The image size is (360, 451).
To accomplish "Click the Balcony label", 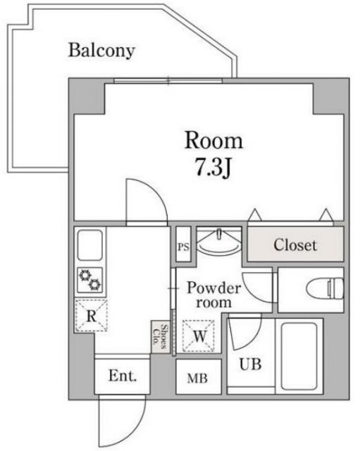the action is pyautogui.click(x=101, y=51).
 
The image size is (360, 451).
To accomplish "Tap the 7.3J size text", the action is pyautogui.click(x=213, y=168).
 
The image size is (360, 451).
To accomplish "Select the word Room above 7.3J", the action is pyautogui.click(x=213, y=140).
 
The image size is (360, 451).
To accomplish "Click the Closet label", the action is pyautogui.click(x=295, y=245).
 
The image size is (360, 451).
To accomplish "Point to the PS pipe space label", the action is pyautogui.click(x=183, y=247).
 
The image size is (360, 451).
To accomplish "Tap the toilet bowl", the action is pyautogui.click(x=325, y=288).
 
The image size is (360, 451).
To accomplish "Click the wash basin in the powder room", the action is pyautogui.click(x=218, y=241).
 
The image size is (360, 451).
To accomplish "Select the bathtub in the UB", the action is pyautogui.click(x=299, y=356).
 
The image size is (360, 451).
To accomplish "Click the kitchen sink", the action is pyautogui.click(x=90, y=245).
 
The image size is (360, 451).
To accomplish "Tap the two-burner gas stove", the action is pyautogui.click(x=90, y=280).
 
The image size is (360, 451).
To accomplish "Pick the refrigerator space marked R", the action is pyautogui.click(x=92, y=316).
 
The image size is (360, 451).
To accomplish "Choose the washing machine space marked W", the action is pyautogui.click(x=199, y=335).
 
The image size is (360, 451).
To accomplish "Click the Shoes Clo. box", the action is pyautogui.click(x=161, y=337).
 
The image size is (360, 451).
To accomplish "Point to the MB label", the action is pyautogui.click(x=197, y=378).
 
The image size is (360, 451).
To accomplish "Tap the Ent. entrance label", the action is pyautogui.click(x=123, y=376).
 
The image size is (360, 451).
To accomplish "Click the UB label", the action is pyautogui.click(x=250, y=364).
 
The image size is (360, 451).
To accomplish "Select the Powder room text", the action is pyautogui.click(x=213, y=295).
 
